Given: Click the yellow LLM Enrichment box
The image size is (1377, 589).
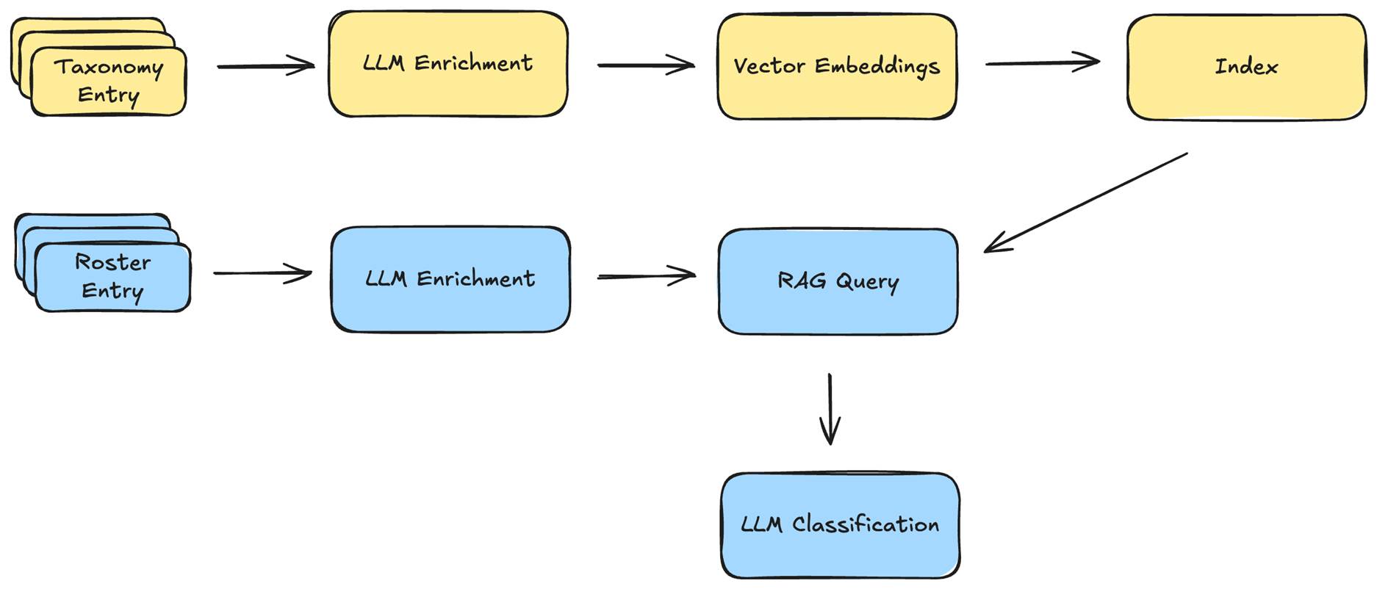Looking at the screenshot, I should (447, 64).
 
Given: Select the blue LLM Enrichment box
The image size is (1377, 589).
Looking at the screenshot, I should (450, 279).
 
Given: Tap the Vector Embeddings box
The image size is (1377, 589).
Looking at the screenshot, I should (836, 66).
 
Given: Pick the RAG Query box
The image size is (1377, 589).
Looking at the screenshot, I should (838, 281).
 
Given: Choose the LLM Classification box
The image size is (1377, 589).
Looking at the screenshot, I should (840, 525).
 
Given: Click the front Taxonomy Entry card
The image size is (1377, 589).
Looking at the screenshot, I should (109, 82).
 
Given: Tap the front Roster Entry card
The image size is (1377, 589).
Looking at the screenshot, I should (112, 278).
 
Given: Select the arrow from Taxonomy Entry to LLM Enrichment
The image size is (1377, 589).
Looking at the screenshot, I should (266, 66).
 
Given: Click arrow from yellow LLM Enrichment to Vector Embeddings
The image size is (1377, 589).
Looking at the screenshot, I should (646, 65).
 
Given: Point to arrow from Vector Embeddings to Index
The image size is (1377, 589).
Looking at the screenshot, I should (1042, 63).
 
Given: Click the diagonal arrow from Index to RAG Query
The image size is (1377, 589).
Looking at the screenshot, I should (1086, 203).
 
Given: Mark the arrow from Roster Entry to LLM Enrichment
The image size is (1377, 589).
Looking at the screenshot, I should (262, 273).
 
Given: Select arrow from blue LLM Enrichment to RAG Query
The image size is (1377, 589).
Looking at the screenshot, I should (646, 276).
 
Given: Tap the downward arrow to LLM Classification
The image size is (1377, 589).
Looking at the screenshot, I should (830, 408).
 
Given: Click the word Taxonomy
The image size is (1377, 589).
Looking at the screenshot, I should (109, 68).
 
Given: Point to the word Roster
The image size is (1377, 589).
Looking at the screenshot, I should (112, 262).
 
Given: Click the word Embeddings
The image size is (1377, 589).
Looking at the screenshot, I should (877, 66).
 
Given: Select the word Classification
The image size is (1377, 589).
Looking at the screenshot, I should (865, 524).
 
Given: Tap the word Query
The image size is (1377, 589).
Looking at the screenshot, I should (867, 282).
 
